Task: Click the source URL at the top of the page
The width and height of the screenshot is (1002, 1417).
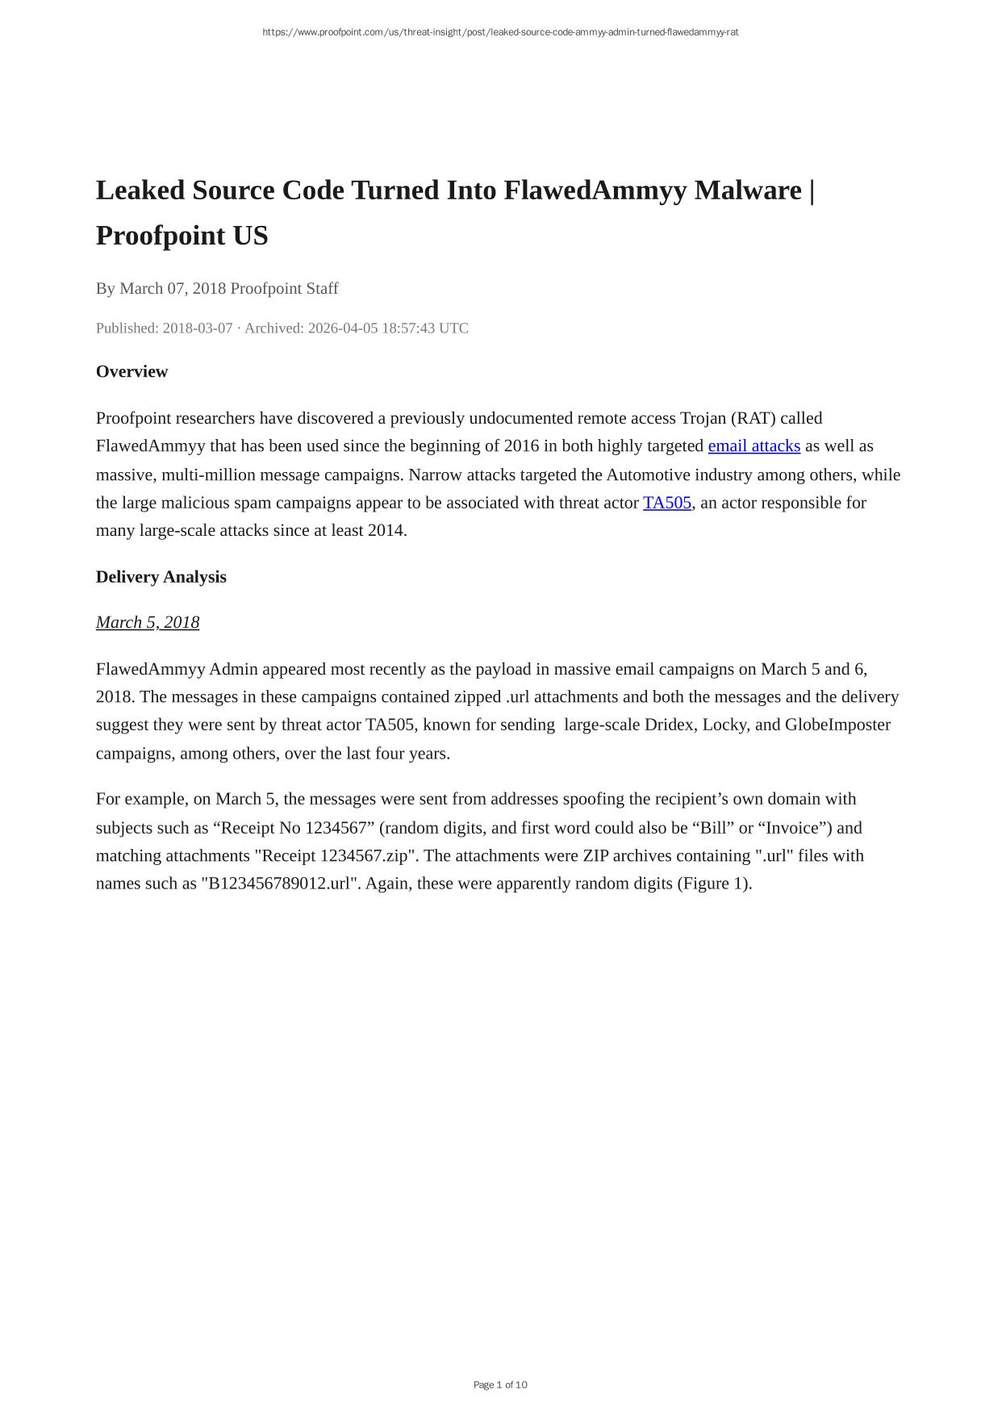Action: click(x=500, y=32)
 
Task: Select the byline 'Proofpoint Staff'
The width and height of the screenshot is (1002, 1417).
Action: click(x=284, y=289)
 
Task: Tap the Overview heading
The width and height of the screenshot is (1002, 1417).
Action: click(x=132, y=372)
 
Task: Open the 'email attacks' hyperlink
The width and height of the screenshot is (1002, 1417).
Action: click(x=754, y=446)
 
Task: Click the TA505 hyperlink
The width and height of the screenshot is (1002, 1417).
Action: click(x=666, y=503)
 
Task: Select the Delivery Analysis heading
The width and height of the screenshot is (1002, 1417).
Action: click(x=161, y=577)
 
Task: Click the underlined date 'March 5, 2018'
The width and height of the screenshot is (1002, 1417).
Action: click(x=147, y=622)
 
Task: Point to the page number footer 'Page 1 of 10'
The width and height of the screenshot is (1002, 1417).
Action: click(x=500, y=1385)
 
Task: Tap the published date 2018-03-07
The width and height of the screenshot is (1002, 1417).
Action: click(x=197, y=328)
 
